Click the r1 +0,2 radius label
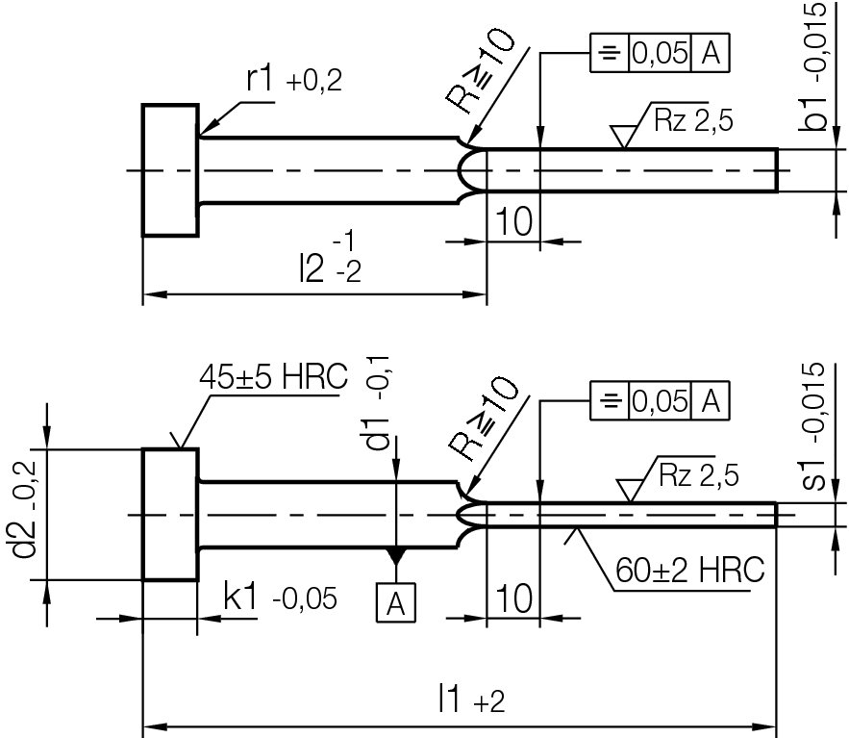[x=293, y=81]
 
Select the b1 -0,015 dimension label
[x=816, y=65]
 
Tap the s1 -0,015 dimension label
[x=816, y=425]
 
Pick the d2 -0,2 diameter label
[x=30, y=515]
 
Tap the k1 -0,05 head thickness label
[x=280, y=598]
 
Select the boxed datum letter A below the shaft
[x=395, y=603]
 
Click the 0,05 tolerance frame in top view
[x=660, y=55]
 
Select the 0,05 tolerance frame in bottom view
[x=660, y=400]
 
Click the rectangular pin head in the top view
[x=171, y=169]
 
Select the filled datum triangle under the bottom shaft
[x=395, y=556]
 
